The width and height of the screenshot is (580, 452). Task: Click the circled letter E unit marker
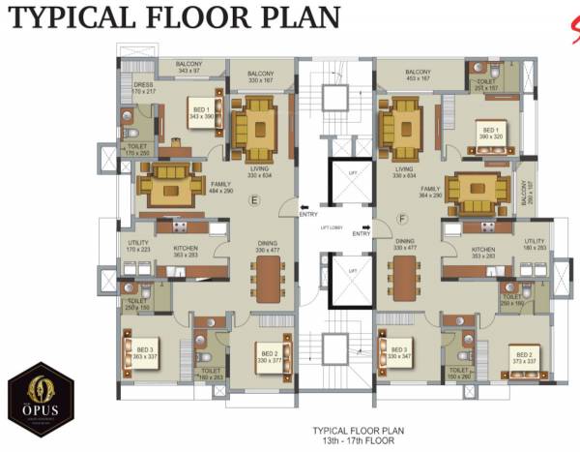click(x=254, y=201)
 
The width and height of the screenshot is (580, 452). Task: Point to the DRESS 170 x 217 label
click(x=142, y=87)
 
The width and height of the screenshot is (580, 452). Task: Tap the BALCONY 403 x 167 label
click(x=418, y=77)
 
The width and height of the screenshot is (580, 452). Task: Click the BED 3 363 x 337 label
click(x=145, y=352)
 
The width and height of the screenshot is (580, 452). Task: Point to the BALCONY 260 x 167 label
click(x=528, y=200)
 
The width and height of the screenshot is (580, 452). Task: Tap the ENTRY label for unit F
click(x=362, y=233)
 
